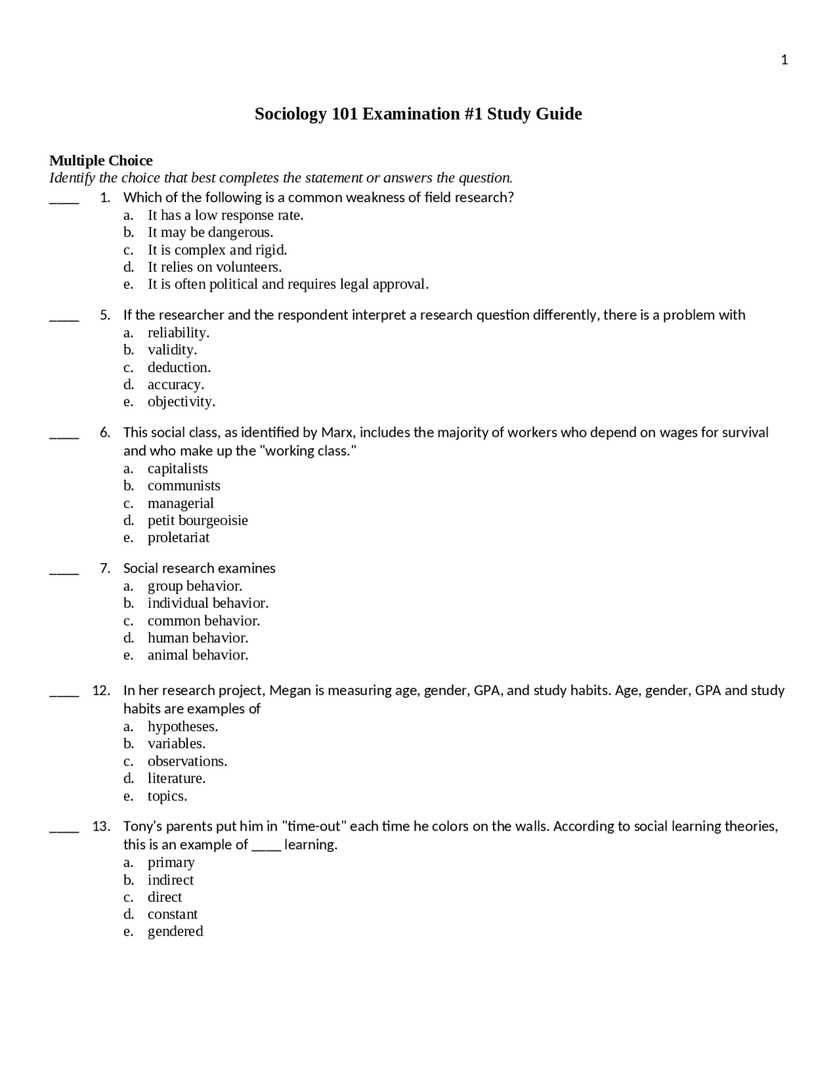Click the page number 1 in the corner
(784, 60)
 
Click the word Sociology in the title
(290, 114)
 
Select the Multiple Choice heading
(101, 160)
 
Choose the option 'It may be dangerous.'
(210, 232)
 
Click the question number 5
(105, 315)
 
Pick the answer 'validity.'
(172, 350)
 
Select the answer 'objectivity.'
(181, 402)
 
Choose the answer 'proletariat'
(179, 538)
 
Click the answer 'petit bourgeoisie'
(197, 520)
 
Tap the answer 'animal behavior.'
(197, 655)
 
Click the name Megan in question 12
(290, 691)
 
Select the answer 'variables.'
(177, 744)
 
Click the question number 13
(101, 826)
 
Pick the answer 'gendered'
(175, 931)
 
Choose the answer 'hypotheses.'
(182, 727)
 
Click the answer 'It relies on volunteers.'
(214, 267)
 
